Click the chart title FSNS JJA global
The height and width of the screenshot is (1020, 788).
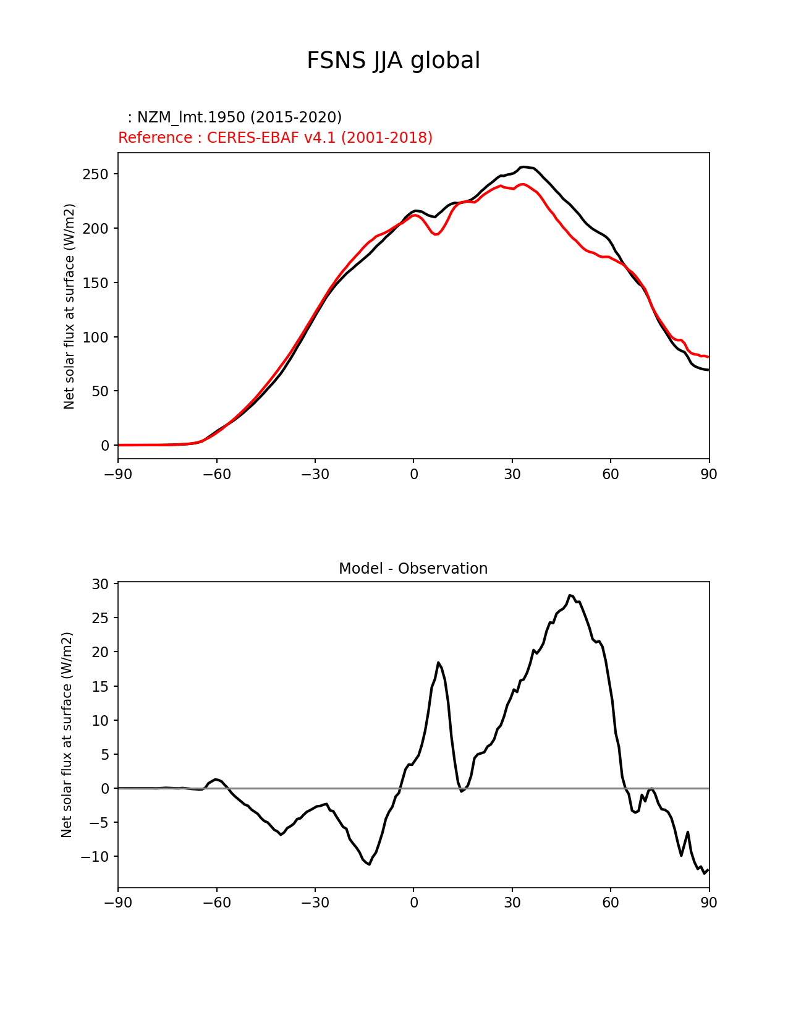[x=393, y=61]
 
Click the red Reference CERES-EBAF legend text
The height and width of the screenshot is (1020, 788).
[x=275, y=137]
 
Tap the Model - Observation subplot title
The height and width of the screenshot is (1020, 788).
[x=413, y=568]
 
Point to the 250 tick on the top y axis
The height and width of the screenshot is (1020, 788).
[x=95, y=174]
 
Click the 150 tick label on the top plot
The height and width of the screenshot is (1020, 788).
[x=95, y=283]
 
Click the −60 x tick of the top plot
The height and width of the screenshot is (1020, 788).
[x=216, y=474]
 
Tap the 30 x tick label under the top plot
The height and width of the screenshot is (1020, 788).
[x=512, y=474]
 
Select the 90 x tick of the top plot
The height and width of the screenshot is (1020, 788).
[x=709, y=474]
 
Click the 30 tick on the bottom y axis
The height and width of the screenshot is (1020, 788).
[x=100, y=584]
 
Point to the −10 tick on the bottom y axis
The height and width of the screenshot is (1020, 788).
[x=95, y=856]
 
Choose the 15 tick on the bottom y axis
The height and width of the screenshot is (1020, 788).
[x=100, y=686]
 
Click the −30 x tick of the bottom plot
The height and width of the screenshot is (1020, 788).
[x=315, y=903]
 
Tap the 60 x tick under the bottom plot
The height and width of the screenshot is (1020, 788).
[x=610, y=903]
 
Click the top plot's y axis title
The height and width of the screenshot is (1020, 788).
[x=69, y=306]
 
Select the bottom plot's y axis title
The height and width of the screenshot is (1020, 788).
[x=67, y=734]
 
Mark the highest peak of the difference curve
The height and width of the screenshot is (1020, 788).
[x=570, y=595]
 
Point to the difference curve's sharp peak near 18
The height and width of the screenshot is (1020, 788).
[x=438, y=663]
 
